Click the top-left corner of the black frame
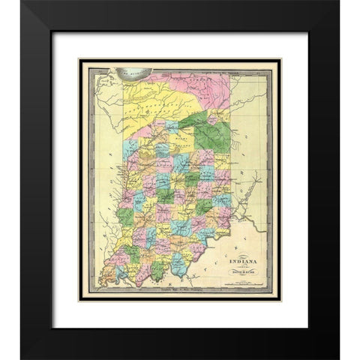click(22, 22)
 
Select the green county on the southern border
click(159, 268)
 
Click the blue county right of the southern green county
click(178, 262)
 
